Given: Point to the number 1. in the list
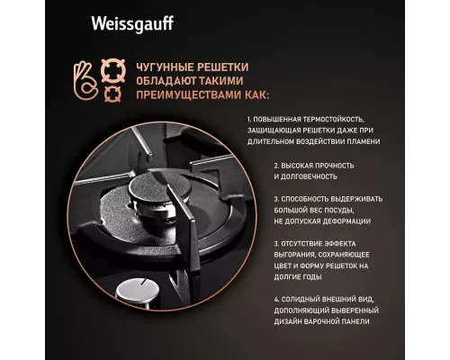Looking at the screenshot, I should [248, 119].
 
